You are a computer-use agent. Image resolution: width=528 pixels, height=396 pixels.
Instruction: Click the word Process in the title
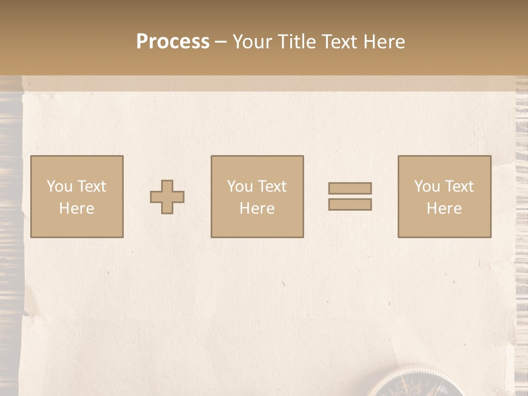point(173,42)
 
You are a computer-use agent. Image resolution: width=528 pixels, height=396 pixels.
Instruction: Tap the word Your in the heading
point(252,42)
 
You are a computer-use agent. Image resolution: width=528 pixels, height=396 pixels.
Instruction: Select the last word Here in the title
point(383,42)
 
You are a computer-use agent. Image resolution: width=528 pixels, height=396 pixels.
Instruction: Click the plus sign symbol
point(167,197)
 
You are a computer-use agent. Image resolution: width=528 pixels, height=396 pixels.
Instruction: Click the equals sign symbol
point(350,196)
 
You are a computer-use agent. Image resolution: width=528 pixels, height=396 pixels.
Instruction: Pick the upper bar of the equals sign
point(350,189)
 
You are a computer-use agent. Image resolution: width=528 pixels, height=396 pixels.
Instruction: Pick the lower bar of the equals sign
point(350,204)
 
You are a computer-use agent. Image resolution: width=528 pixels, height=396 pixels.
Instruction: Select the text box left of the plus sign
point(77,196)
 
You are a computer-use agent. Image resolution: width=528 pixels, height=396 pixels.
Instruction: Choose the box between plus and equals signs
point(257,196)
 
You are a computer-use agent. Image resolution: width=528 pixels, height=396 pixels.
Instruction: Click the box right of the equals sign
point(444,196)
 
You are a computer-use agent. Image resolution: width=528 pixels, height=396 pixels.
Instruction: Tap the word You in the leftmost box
point(59,186)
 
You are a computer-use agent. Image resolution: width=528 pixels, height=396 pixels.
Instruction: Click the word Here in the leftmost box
point(76,208)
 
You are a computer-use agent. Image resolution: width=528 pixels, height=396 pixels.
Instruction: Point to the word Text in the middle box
point(272,186)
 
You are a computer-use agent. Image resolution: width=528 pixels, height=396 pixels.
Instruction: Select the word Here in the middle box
point(257,208)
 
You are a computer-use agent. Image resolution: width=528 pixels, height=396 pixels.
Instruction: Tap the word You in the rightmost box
point(427,186)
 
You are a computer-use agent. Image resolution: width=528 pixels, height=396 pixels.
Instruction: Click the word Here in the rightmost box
point(444,208)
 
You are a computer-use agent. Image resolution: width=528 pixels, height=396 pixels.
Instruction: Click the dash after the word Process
point(221,42)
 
